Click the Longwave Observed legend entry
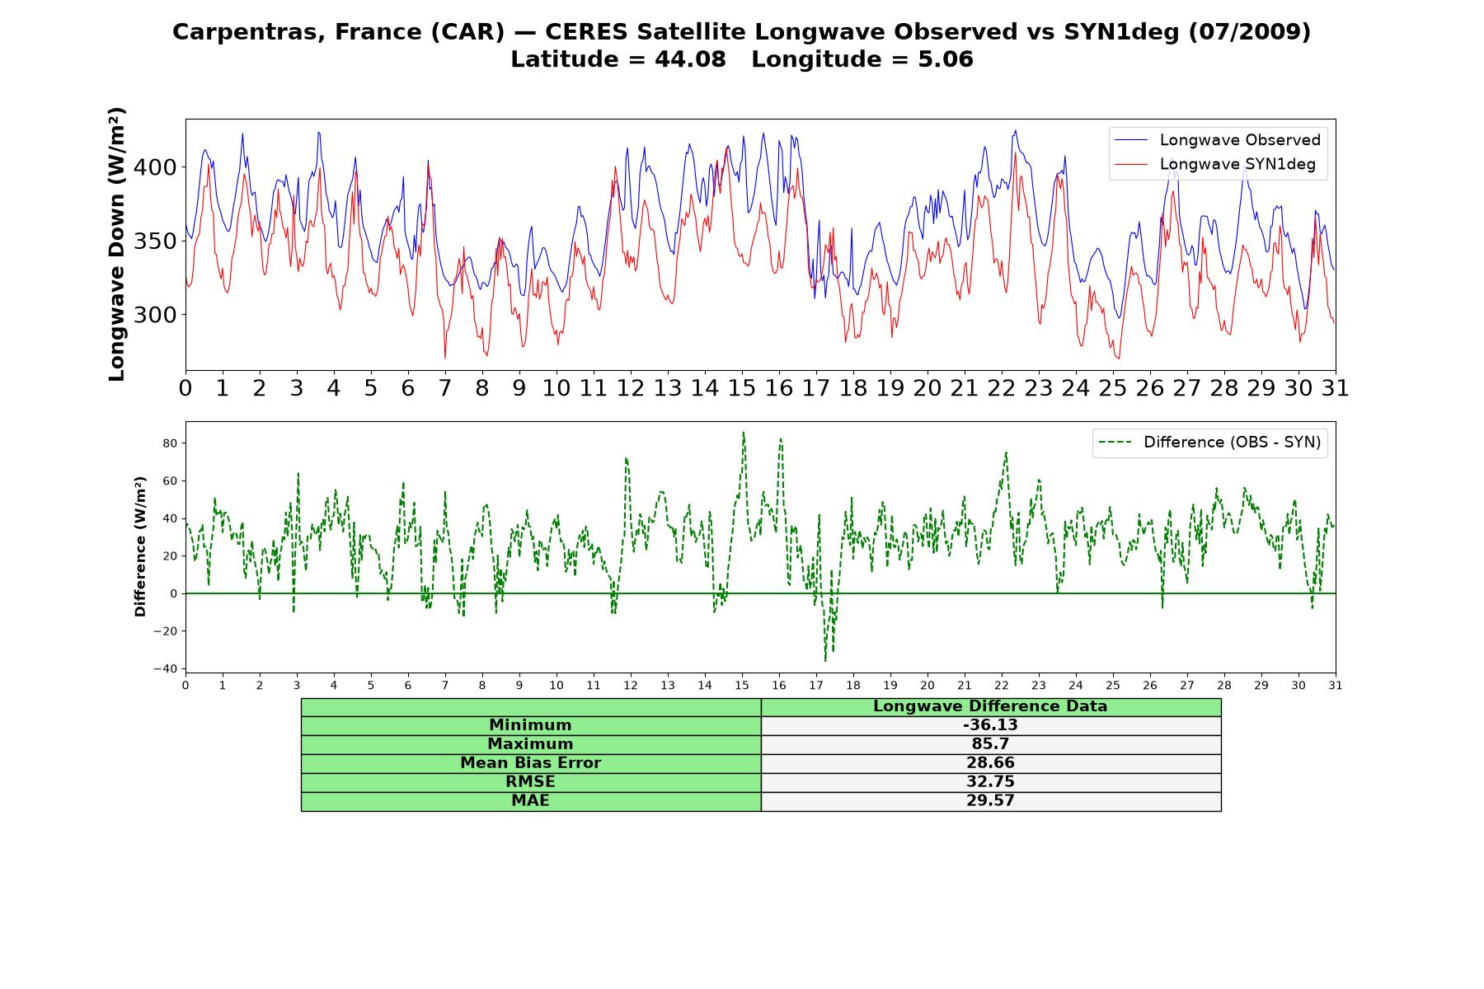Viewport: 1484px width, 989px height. (1217, 140)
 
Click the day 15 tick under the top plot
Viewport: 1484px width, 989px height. (742, 388)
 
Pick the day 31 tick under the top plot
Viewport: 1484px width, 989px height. (1336, 388)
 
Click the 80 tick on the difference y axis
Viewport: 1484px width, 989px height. (171, 443)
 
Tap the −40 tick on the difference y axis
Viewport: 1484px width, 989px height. (167, 668)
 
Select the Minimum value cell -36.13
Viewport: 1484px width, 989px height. (990, 725)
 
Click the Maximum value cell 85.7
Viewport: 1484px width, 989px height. (990, 744)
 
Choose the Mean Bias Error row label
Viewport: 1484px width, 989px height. (530, 763)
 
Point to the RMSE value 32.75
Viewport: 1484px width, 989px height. (990, 782)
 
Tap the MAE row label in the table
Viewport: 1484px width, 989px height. (530, 801)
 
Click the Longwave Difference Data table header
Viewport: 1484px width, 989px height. (990, 706)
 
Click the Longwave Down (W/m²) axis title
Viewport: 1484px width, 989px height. (116, 244)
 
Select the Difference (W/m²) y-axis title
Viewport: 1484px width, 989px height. (140, 546)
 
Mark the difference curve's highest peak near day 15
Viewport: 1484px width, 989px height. (743, 432)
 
